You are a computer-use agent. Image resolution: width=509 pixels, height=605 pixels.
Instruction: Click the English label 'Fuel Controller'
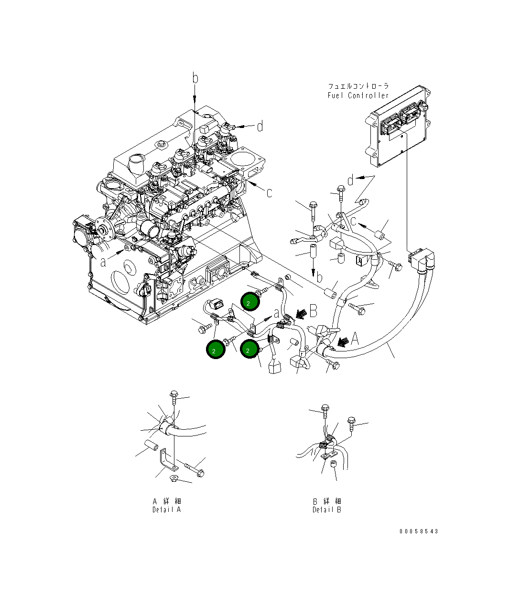[x=358, y=96]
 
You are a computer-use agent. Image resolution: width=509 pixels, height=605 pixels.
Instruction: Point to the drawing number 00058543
[x=418, y=531]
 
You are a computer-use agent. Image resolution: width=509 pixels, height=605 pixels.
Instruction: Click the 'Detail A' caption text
[x=166, y=509]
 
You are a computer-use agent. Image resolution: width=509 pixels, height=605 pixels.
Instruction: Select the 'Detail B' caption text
[x=327, y=509]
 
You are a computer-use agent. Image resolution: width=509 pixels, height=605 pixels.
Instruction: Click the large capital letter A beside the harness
[x=355, y=339]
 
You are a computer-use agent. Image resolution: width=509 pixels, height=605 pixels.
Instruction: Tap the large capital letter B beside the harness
[x=313, y=312]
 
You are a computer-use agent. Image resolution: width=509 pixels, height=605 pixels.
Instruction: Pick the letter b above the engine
[x=195, y=77]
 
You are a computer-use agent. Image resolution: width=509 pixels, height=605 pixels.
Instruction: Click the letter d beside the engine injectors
[x=260, y=127]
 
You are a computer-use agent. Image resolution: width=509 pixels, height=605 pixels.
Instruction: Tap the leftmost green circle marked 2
[x=216, y=350]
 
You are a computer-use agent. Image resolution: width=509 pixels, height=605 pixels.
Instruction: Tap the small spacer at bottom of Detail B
[x=334, y=465]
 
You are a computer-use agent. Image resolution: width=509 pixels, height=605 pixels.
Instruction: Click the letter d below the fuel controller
[x=351, y=180]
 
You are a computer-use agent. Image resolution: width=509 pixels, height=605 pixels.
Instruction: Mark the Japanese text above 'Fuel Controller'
[x=358, y=86]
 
